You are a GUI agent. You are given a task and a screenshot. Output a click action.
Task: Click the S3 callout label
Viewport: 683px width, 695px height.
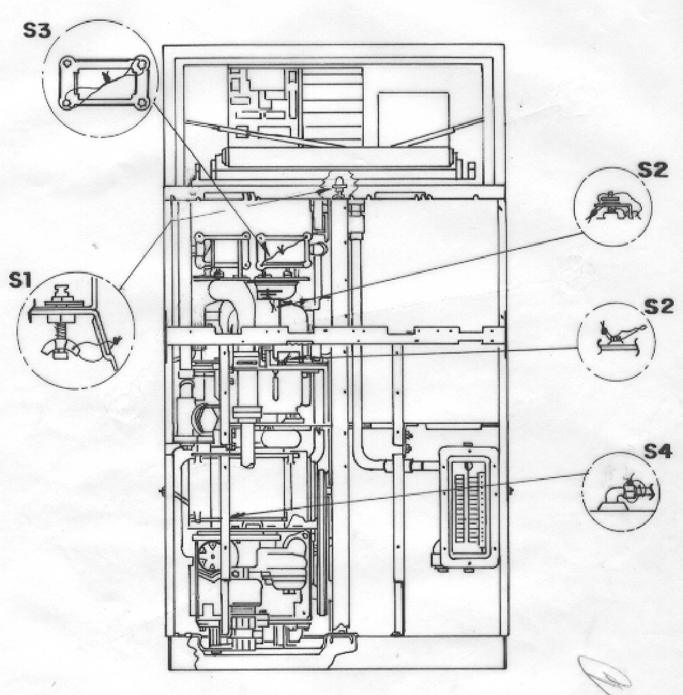coord(37,31)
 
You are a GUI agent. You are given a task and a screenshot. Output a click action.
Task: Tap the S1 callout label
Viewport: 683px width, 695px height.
coord(21,280)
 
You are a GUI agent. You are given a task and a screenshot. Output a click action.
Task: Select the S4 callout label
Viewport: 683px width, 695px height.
coord(658,451)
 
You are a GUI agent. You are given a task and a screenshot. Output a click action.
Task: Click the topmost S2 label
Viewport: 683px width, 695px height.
coord(652,170)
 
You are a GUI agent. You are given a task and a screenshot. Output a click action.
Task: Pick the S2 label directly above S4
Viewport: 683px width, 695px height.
coord(659,307)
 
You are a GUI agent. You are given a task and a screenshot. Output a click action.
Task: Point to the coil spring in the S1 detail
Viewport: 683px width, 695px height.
coord(58,331)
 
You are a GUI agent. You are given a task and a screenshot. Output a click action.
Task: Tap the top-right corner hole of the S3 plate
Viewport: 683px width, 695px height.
coord(141,64)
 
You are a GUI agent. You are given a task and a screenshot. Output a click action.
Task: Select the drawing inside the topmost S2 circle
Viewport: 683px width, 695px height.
coord(611,206)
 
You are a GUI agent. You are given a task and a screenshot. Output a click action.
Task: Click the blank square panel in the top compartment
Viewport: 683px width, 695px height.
coord(413,119)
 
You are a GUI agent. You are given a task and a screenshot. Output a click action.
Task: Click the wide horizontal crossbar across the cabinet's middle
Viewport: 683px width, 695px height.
coord(337,335)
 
